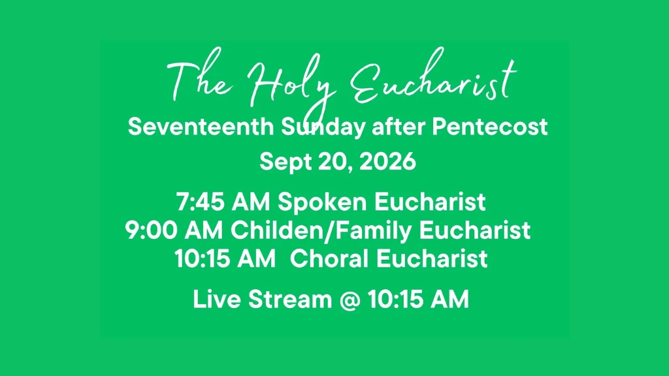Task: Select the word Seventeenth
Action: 201,127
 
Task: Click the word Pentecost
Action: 490,127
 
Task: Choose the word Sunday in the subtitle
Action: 323,127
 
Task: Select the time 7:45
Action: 200,202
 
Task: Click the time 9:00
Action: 152,230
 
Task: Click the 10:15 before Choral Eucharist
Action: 202,259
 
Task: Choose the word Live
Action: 217,299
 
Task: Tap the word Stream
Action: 290,299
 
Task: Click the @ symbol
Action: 350,300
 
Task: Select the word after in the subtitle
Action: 399,127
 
